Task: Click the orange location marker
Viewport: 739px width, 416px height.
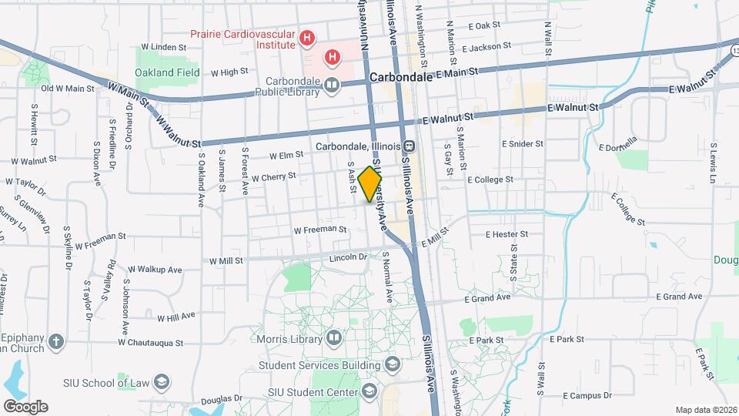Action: [x=370, y=184]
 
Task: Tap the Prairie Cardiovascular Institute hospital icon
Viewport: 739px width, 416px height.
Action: [x=308, y=37]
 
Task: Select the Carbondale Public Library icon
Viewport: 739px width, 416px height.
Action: [x=332, y=86]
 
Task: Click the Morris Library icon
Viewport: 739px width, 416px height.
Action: [x=334, y=337]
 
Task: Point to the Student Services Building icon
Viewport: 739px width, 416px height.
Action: [x=392, y=364]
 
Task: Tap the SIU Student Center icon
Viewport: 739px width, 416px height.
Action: [x=370, y=392]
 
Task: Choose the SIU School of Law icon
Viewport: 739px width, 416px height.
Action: [x=162, y=381]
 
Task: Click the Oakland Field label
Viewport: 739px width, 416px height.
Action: [x=167, y=72]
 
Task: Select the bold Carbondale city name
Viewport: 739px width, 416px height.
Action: [x=400, y=78]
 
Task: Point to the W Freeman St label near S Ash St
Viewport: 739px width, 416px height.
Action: [x=320, y=229]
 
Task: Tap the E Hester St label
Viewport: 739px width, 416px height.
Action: [x=507, y=233]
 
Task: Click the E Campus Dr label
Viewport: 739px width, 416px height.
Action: [x=587, y=395]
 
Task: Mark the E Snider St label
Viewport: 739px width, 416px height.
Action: [x=522, y=144]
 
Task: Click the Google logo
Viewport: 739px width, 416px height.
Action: [x=25, y=406]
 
